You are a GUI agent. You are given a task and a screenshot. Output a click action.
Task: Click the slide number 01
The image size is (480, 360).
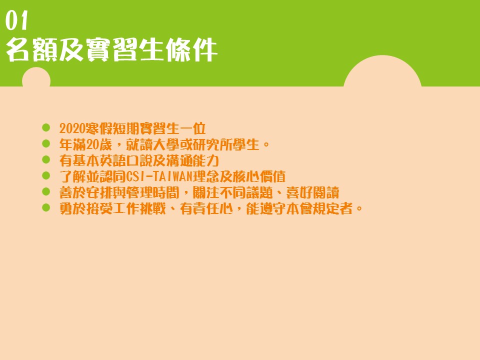coord(16,20)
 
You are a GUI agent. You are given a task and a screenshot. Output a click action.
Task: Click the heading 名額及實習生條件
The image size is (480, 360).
coord(111,50)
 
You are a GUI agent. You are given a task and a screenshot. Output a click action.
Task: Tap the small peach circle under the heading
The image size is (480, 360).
coord(36,77)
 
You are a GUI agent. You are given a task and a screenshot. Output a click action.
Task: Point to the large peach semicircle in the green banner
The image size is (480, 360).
coord(382,71)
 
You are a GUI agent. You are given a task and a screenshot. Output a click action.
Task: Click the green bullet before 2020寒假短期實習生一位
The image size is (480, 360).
coord(46,127)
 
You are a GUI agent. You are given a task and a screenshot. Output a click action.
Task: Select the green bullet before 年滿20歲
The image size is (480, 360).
coord(46,143)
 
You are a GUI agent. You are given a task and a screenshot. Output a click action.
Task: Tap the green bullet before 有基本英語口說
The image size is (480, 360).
coord(46,159)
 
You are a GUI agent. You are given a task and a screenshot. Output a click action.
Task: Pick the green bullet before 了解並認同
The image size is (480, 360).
coord(46,175)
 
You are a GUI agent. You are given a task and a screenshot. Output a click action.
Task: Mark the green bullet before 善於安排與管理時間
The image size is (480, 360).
coord(46,191)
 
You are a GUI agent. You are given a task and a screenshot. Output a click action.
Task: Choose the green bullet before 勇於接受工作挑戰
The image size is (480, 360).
coord(46,207)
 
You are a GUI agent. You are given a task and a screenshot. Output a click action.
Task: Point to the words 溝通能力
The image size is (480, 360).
coord(192,160)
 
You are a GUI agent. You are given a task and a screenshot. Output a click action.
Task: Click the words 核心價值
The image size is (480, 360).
coord(259,176)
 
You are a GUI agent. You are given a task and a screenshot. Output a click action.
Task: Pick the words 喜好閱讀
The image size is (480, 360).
coord(312,192)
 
